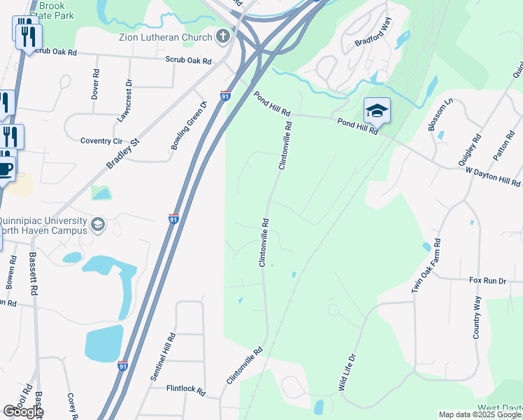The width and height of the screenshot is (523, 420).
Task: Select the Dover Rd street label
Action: [x=95, y=83]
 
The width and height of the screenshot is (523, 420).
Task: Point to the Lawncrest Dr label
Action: [x=124, y=101]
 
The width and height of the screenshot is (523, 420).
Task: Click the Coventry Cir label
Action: [x=101, y=141]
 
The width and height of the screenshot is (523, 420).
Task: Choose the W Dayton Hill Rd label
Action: [x=492, y=177]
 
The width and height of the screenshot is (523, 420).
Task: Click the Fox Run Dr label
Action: [x=487, y=281]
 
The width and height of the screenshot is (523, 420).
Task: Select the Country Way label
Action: [x=477, y=318]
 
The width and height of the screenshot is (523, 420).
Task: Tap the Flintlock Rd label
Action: [x=185, y=388]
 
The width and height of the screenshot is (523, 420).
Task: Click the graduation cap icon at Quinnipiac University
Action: [x=98, y=224]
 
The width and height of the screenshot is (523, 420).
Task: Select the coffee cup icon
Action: [x=6, y=169]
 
